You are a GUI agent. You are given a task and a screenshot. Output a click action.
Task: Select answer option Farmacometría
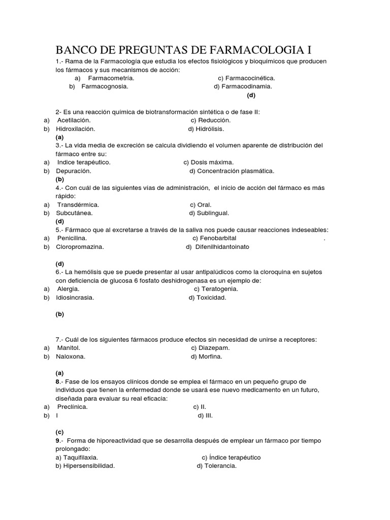coord(111,78)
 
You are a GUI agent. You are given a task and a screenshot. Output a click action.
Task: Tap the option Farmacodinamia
coord(246,86)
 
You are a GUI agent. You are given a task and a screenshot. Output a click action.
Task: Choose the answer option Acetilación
coord(74,120)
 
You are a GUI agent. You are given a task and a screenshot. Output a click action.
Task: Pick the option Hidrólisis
coord(210,129)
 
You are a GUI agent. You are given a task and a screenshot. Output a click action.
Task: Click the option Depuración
coord(74,171)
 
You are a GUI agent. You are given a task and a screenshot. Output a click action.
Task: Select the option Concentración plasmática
coord(235,171)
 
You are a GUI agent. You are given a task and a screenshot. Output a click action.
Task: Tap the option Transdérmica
coord(78,205)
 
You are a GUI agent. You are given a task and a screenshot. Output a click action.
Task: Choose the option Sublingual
coord(212,213)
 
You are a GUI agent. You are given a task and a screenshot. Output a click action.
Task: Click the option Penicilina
coord(72,238)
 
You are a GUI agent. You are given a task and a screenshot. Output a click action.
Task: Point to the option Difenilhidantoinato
coord(222,247)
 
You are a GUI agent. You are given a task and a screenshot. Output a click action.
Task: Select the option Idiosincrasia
coord(75,298)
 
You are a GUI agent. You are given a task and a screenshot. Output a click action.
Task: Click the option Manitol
coord(69,348)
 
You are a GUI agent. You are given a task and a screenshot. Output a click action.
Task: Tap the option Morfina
coord(209,356)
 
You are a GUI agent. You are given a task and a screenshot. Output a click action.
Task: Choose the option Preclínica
coord(72,407)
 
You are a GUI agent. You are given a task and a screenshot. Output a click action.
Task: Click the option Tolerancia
coord(220,466)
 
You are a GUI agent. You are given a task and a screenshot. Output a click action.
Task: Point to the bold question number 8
coord(58,381)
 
